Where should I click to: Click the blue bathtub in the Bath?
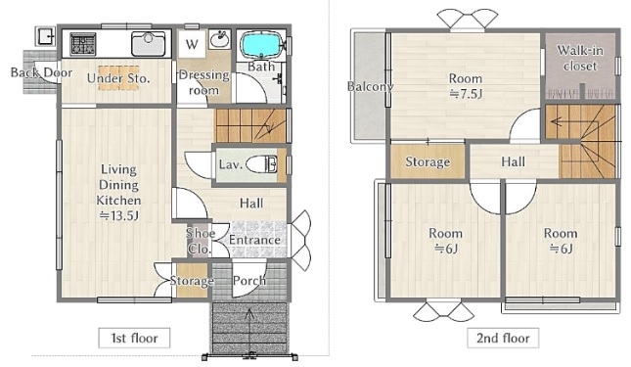tap(260, 45)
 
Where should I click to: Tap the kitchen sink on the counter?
tap(148, 44)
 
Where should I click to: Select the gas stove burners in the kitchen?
tap(83, 44)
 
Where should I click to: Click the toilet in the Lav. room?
tap(261, 165)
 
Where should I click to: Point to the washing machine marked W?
tap(192, 44)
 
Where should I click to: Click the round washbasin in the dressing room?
tap(219, 39)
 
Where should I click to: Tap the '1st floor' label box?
tap(134, 338)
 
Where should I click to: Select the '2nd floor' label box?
tap(503, 338)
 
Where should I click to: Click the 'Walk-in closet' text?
tap(580, 58)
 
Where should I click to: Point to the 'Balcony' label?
tap(370, 86)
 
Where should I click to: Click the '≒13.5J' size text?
tap(118, 216)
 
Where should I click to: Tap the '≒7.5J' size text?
tap(466, 94)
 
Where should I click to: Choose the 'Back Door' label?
tap(41, 72)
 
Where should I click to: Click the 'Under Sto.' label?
tap(118, 78)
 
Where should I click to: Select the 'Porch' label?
tap(249, 281)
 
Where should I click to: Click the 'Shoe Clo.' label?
tap(200, 241)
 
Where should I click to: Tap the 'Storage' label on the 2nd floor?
tap(428, 161)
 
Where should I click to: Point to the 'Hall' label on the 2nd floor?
tap(513, 161)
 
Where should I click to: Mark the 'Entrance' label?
tap(254, 240)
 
